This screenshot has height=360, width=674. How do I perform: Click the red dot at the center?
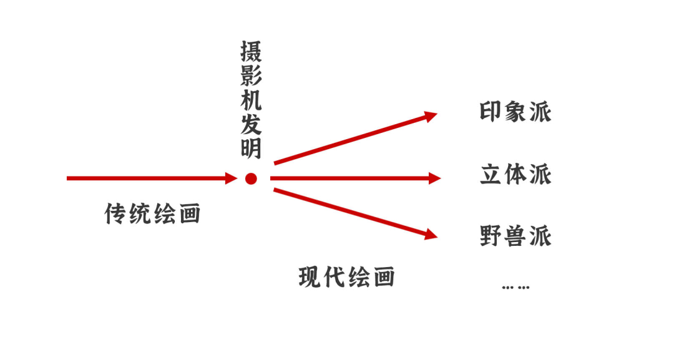pyautogui.click(x=251, y=179)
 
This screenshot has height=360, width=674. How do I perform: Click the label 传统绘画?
pyautogui.click(x=152, y=214)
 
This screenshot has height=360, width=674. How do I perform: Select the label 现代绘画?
pyautogui.click(x=347, y=276)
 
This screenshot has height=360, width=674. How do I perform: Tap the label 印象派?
pyautogui.click(x=515, y=112)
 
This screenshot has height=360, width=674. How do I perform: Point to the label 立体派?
pyautogui.click(x=515, y=174)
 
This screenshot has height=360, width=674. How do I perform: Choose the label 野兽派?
pyautogui.click(x=515, y=236)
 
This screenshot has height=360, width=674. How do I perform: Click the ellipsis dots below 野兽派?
pyautogui.click(x=515, y=287)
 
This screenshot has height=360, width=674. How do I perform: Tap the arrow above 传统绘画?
pyautogui.click(x=150, y=178)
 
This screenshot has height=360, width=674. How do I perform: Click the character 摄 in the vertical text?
pyautogui.click(x=251, y=52)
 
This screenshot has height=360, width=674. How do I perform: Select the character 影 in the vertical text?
pyautogui.click(x=251, y=76)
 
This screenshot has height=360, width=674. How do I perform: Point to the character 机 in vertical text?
pyautogui.click(x=251, y=100)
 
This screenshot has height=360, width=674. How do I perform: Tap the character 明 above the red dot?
pyautogui.click(x=251, y=149)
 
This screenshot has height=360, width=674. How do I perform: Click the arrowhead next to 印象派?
pyautogui.click(x=430, y=116)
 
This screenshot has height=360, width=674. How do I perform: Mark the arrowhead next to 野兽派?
pyautogui.click(x=430, y=235)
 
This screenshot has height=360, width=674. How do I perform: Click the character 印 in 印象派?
pyautogui.click(x=492, y=112)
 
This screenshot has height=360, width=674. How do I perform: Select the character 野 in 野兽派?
pyautogui.click(x=492, y=236)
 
